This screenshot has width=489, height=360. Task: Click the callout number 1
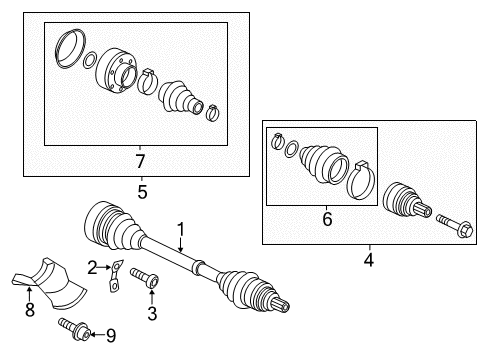[180, 230]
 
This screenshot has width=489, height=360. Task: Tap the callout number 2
[92, 268]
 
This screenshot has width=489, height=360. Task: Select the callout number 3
[152, 313]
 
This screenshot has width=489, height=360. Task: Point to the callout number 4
[369, 260]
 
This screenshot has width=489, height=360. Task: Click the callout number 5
[142, 192]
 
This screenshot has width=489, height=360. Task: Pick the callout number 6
[327, 219]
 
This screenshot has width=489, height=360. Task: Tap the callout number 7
[140, 161]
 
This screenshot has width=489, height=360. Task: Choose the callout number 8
[30, 310]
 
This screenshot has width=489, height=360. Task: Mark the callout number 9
[111, 336]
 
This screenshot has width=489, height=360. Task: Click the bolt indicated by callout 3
[145, 277]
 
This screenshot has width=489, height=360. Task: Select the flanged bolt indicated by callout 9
[74, 329]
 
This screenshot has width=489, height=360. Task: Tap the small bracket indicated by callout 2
[115, 275]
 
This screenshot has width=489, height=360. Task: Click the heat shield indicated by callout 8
[50, 283]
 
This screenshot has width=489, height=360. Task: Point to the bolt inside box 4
[455, 226]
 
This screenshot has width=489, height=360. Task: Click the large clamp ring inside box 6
[361, 180]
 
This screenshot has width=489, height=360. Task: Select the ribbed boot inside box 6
[323, 164]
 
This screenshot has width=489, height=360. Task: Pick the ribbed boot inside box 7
[180, 97]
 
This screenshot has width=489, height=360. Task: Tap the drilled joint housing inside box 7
[116, 71]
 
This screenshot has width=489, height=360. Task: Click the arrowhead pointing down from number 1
[180, 249]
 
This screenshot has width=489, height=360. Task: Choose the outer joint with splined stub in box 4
[407, 201]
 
